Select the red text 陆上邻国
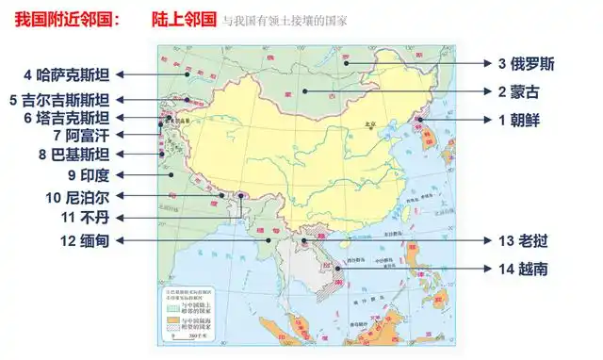click(x=183, y=18)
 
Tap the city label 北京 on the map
click(x=369, y=124)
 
